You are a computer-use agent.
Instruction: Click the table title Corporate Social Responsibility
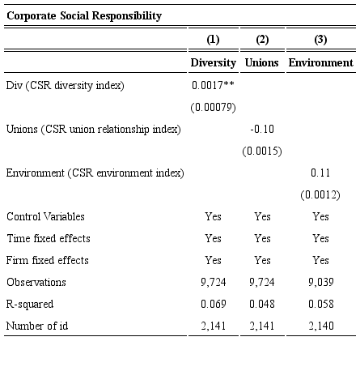[x=84, y=15]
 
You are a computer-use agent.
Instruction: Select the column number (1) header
[x=213, y=40]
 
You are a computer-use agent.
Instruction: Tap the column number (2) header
[x=262, y=40]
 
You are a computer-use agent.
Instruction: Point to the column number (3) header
[x=320, y=40]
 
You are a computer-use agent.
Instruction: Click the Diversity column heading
[x=213, y=62]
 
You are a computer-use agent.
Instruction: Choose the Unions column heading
[x=262, y=62]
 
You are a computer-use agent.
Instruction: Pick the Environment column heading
[x=320, y=62]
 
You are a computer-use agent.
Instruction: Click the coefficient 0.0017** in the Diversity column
[x=213, y=84]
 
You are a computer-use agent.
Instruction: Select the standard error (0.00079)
[x=213, y=106]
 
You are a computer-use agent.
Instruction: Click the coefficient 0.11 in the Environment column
[x=320, y=173]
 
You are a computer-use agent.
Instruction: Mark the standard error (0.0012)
[x=320, y=194]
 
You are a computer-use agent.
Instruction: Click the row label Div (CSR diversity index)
[x=66, y=84]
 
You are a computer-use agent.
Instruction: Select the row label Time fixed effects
[x=49, y=238]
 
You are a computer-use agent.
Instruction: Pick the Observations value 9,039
[x=320, y=282]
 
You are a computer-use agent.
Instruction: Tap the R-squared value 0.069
[x=213, y=304]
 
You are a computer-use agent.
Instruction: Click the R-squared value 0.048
[x=262, y=304]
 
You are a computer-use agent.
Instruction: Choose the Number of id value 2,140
[x=320, y=326]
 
